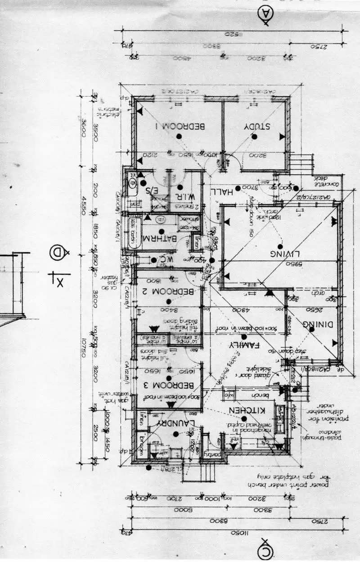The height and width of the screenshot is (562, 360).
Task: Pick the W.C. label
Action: coord(160,260)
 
